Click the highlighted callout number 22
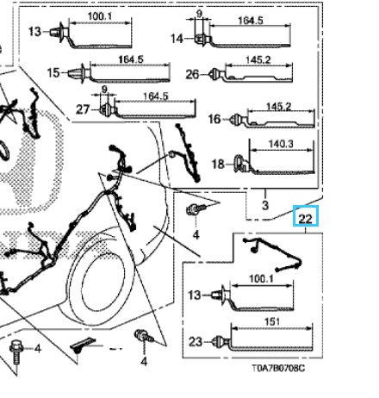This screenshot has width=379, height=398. [305, 219]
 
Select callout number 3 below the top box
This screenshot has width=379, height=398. [265, 205]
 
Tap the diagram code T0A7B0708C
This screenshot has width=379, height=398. [278, 368]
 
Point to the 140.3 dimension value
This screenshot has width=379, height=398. [281, 144]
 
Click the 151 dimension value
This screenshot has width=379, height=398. [271, 321]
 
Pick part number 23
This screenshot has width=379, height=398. [196, 342]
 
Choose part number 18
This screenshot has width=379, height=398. [218, 165]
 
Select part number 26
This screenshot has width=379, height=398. [192, 75]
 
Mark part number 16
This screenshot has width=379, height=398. [214, 119]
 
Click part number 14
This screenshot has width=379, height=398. [177, 39]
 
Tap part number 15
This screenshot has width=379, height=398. [53, 72]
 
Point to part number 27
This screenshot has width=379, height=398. [83, 109]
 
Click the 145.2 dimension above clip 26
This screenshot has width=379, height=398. [258, 60]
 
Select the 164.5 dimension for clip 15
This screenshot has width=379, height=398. [131, 59]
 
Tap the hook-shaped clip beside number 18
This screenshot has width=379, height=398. [240, 164]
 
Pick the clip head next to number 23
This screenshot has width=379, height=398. [221, 341]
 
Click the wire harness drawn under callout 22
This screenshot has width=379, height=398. [272, 255]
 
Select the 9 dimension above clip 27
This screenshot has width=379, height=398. [104, 90]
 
